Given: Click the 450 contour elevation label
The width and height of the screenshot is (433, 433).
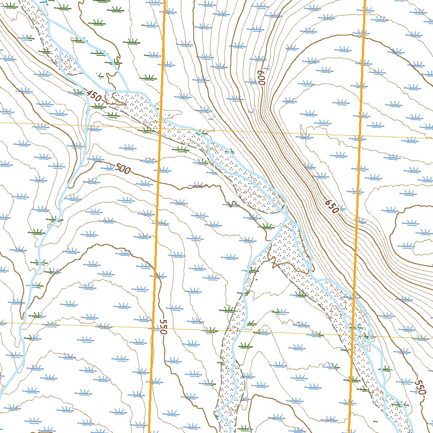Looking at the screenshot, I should pos(93,96).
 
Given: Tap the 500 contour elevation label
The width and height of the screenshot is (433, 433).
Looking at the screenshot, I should pos(123,169).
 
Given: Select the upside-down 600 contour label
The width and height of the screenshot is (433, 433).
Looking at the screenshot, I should pos(261,77).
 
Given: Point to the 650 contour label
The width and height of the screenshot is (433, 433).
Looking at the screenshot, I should pos(332,206).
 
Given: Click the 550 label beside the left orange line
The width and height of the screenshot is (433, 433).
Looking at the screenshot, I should pos(163,326).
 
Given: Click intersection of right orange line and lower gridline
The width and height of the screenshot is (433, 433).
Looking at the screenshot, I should pos(353,336).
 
